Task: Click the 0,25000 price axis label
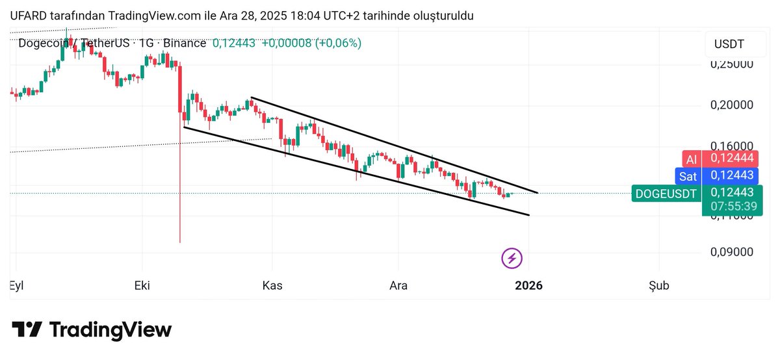point(731,64)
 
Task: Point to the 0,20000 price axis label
point(731,105)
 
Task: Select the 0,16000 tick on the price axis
point(731,146)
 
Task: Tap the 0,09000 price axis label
point(731,252)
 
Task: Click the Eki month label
point(142,285)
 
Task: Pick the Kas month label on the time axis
point(272,285)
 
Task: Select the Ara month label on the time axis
point(398,285)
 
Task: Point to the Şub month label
point(658,285)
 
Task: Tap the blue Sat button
point(688,175)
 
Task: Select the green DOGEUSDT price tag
point(666,193)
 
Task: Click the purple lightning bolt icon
point(512,258)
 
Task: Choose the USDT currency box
point(729,45)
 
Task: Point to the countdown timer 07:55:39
point(732,207)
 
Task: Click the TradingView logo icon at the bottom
point(27,329)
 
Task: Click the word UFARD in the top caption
point(29,16)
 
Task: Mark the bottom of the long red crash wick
point(179,242)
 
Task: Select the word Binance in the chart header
point(185,43)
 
